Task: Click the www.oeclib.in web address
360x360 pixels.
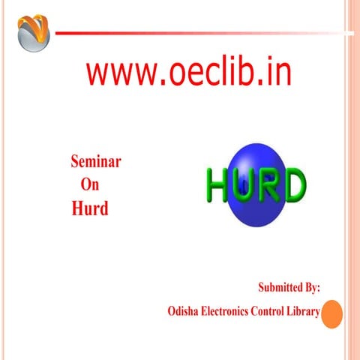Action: point(188,73)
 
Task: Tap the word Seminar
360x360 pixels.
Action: point(95,161)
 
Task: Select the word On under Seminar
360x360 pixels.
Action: point(88,184)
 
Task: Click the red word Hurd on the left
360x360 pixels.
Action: point(90,208)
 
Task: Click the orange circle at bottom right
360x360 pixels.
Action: point(332,313)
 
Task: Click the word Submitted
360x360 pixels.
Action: point(281,286)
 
